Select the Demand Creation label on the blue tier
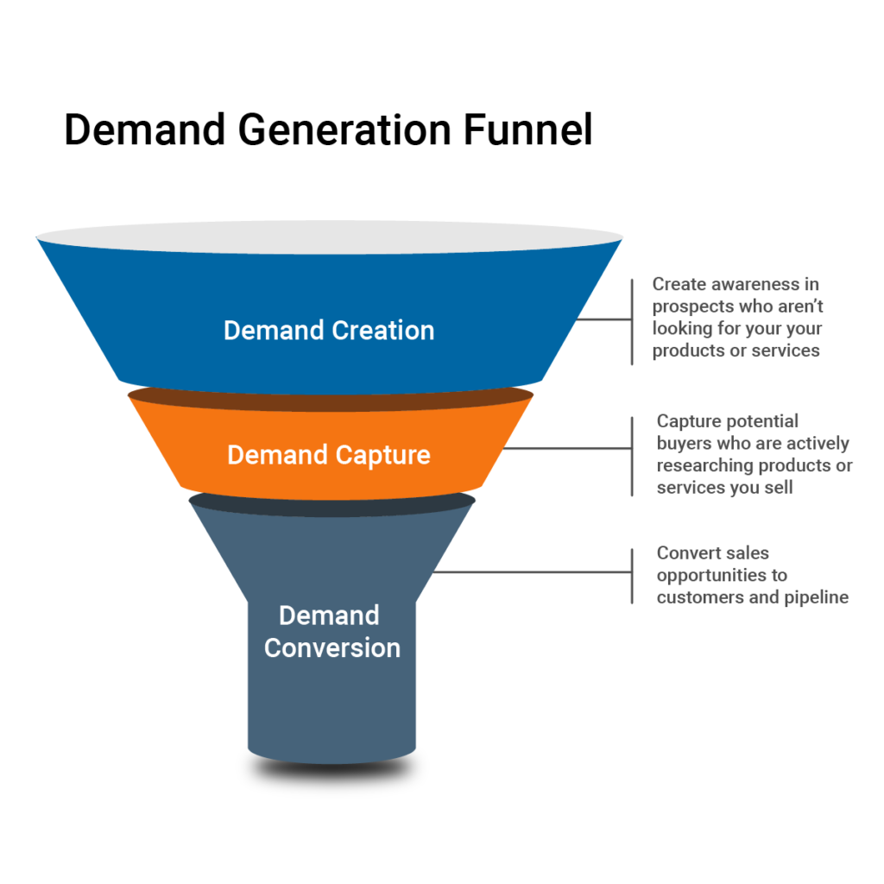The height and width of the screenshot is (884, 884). (329, 331)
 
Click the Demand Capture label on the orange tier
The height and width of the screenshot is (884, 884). (329, 455)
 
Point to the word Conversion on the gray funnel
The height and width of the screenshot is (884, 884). (332, 647)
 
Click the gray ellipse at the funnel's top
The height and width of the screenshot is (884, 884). (329, 237)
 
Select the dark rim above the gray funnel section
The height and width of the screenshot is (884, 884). (331, 502)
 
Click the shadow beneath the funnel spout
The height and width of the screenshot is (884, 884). (332, 770)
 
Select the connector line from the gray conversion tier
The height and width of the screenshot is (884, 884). (532, 571)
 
